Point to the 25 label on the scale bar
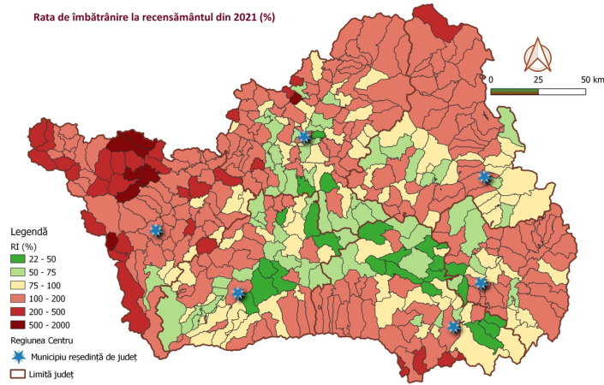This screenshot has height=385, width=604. [x=538, y=79]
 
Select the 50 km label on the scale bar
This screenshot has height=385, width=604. [x=592, y=79]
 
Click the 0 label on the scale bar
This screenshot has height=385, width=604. [x=492, y=79]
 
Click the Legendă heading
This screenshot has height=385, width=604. [x=29, y=232]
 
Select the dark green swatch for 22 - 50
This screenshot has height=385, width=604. [x=22, y=259]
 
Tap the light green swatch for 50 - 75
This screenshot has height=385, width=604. [x=22, y=272]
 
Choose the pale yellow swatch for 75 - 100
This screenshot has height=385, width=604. [x=22, y=285]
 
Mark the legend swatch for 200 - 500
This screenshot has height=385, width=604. [x=22, y=311]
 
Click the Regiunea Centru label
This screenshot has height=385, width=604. [x=42, y=340]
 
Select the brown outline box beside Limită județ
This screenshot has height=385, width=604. [x=17, y=374]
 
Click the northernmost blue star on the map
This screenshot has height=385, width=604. [x=303, y=136]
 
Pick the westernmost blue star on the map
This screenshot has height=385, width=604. [x=156, y=230]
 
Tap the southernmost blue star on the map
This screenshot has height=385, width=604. [x=453, y=327]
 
